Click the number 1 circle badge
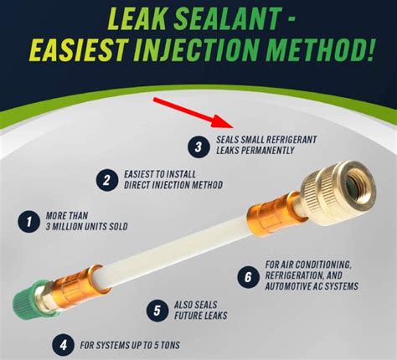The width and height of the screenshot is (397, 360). (29, 222)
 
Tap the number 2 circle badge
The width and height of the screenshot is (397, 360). (107, 180)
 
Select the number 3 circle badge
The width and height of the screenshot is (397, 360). (198, 147)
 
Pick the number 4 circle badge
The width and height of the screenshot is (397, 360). (63, 345)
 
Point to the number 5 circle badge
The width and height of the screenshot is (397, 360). (157, 311)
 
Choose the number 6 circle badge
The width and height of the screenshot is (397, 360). (248, 277)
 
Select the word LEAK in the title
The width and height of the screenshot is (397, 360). (139, 18)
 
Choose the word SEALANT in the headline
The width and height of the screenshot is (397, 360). (227, 18)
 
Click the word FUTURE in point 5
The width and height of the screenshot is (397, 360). (186, 316)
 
